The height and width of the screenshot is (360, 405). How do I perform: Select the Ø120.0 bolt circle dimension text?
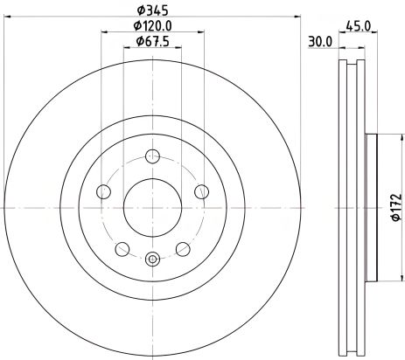(x=153, y=25)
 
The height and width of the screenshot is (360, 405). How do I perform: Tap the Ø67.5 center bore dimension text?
(x=153, y=42)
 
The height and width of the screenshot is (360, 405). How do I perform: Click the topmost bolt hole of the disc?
(x=153, y=157)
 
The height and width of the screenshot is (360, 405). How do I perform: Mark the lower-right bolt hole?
(x=184, y=247)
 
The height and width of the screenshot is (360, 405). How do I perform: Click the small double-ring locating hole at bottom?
(x=153, y=258)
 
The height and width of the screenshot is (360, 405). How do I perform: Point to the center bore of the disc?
(x=153, y=207)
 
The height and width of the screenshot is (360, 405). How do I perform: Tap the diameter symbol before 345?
(x=139, y=9)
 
